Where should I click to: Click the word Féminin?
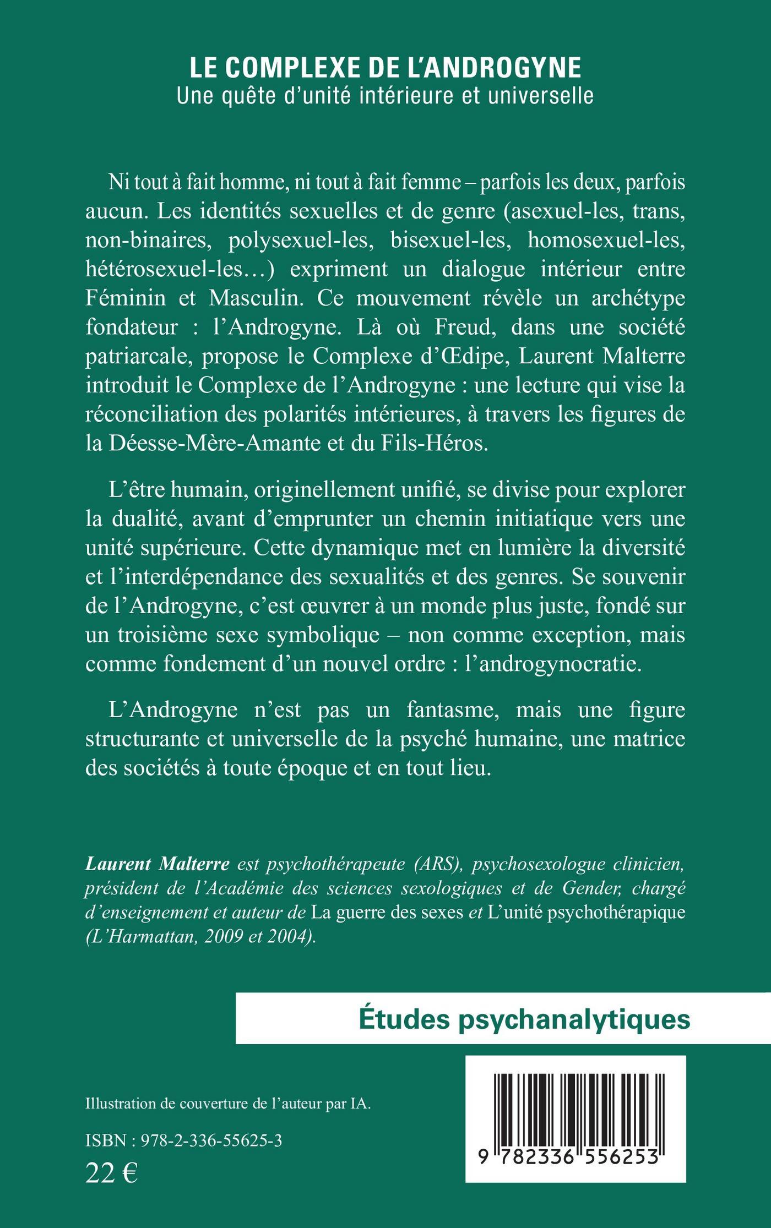click(x=126, y=298)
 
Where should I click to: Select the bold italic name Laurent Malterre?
click(x=157, y=864)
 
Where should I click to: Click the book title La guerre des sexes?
click(x=387, y=913)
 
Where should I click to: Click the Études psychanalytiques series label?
click(x=524, y=1019)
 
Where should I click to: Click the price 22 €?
click(x=111, y=1174)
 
